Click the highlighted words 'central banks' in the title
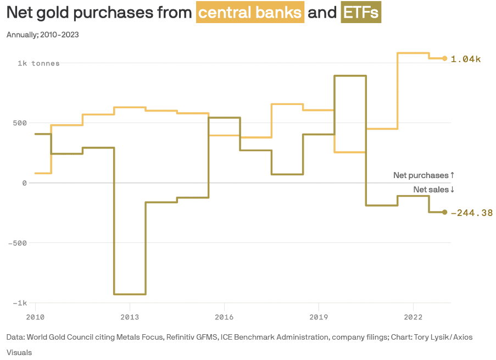point(250,12)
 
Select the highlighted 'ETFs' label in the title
point(361,12)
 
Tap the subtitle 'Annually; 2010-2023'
point(42,35)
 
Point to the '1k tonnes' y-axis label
point(38,63)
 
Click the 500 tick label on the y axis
point(20,123)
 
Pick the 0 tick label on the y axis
point(24,183)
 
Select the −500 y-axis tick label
point(18,243)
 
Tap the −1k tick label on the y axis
point(20,303)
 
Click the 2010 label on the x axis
point(35,317)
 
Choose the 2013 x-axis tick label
point(130,317)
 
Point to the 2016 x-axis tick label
point(224,317)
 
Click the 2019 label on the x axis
point(319,317)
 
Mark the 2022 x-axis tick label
point(413,317)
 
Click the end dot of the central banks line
point(444,59)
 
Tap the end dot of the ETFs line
point(444,212)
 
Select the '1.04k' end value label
point(466,59)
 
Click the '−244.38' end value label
point(472,213)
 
